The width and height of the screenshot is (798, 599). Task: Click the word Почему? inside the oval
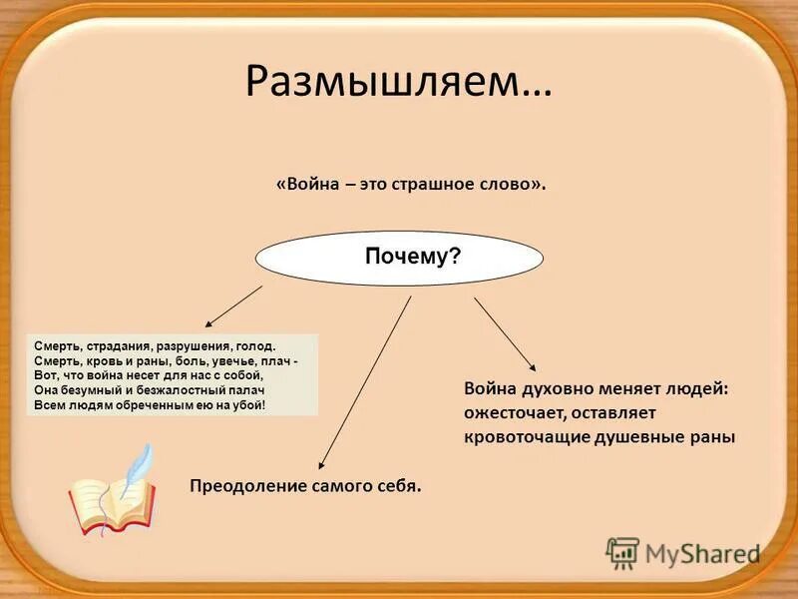(x=412, y=258)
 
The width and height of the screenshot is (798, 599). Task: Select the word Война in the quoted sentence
(x=315, y=187)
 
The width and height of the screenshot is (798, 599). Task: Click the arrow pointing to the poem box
(x=234, y=305)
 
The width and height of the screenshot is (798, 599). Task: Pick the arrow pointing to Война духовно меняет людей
(x=505, y=334)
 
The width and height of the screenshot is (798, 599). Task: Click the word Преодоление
(x=243, y=486)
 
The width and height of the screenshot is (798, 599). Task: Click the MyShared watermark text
(x=702, y=552)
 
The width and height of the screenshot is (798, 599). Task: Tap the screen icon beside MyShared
(x=623, y=552)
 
